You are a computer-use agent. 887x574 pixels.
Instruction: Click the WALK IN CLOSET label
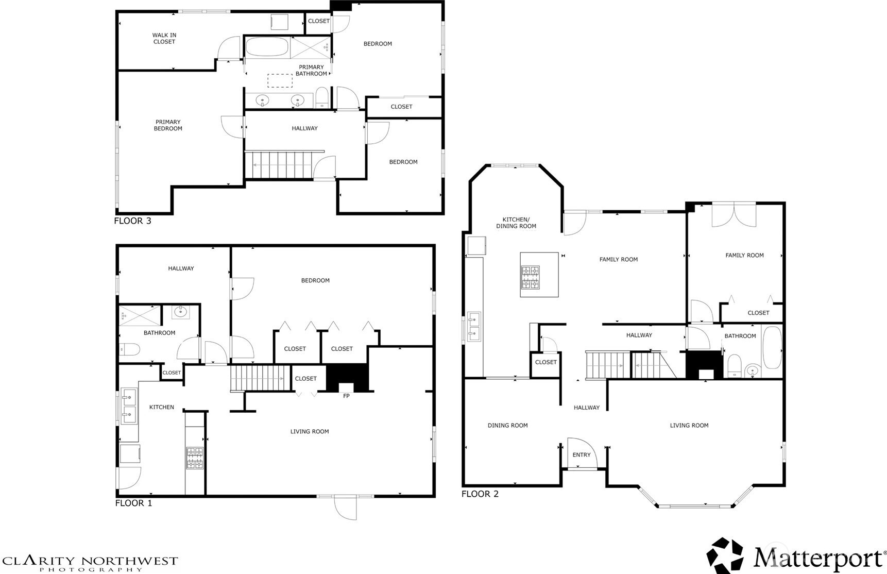pyautogui.click(x=164, y=39)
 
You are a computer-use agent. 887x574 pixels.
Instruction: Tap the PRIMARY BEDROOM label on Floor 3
pyautogui.click(x=168, y=125)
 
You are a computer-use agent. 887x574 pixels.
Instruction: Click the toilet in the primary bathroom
pyautogui.click(x=322, y=98)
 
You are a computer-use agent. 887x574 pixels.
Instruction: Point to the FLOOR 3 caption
pyautogui.click(x=132, y=221)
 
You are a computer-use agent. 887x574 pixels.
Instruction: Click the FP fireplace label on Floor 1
pyautogui.click(x=346, y=396)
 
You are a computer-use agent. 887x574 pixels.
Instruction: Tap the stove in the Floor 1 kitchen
pyautogui.click(x=195, y=458)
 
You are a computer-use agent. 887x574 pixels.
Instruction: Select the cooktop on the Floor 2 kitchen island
pyautogui.click(x=530, y=277)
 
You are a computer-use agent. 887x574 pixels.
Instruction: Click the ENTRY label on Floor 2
pyautogui.click(x=582, y=454)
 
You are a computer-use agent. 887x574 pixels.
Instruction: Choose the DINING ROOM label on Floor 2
pyautogui.click(x=507, y=425)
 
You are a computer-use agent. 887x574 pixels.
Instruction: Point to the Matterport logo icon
pyautogui.click(x=725, y=555)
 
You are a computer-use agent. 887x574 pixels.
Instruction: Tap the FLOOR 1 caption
pyautogui.click(x=133, y=503)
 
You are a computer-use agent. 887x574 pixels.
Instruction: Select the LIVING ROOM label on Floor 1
pyautogui.click(x=309, y=431)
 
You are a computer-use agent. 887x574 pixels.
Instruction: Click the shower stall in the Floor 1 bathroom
pyautogui.click(x=140, y=315)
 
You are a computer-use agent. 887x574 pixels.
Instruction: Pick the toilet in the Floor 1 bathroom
pyautogui.click(x=129, y=349)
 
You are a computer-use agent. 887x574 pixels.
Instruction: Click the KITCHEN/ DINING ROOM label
pyautogui.click(x=516, y=223)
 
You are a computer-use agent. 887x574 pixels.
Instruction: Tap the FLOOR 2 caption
pyautogui.click(x=480, y=494)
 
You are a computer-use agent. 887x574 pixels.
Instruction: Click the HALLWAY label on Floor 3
pyautogui.click(x=304, y=128)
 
